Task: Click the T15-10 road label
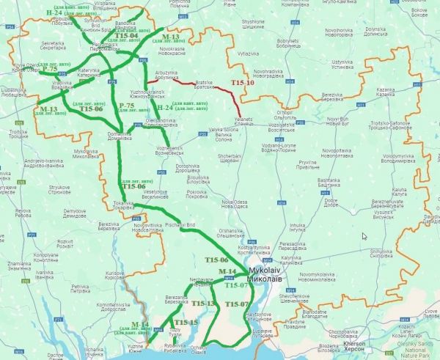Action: click(243, 84)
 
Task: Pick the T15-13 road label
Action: click(202, 303)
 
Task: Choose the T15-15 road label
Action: click(185, 323)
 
